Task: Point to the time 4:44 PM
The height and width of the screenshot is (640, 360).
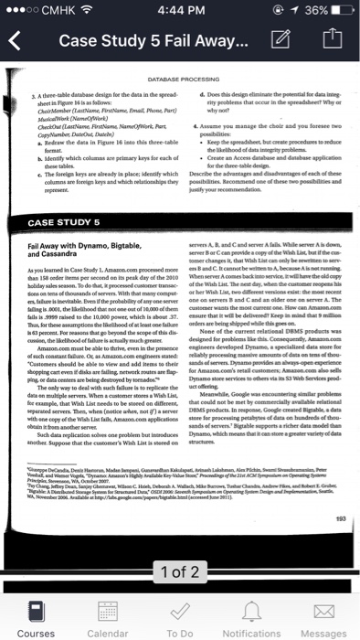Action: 179,11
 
